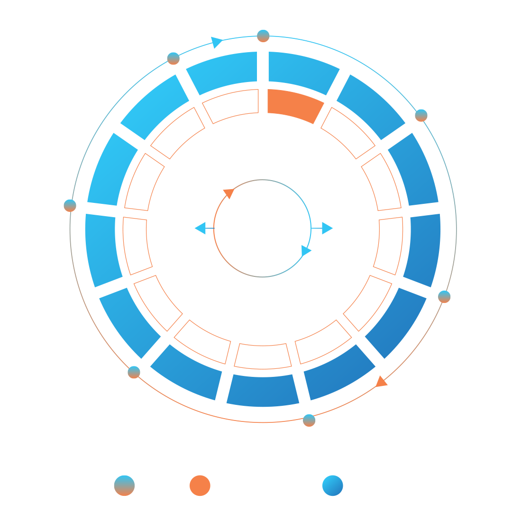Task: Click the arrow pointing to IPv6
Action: click(327, 228)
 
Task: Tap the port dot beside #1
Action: click(263, 36)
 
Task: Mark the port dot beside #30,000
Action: click(309, 421)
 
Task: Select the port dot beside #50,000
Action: click(70, 206)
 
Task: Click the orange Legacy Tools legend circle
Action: click(200, 486)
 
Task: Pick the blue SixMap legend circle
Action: click(332, 486)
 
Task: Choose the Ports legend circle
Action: click(124, 486)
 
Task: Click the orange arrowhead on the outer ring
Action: click(381, 382)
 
